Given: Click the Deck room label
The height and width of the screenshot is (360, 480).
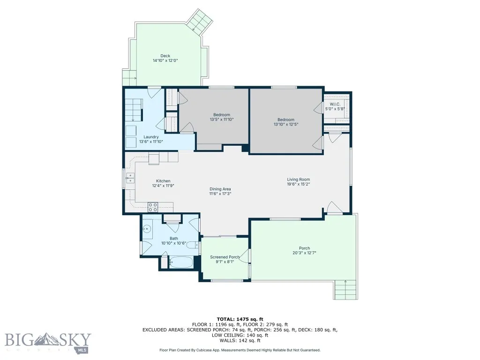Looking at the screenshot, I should (165, 56).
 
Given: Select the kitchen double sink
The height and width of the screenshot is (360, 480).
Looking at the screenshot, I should (130, 178).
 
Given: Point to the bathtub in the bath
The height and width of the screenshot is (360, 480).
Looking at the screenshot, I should (181, 262).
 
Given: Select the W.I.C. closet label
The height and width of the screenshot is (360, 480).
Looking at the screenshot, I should (335, 104).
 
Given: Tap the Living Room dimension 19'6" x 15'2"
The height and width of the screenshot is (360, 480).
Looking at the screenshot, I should (298, 184).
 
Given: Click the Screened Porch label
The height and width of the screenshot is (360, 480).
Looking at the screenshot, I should (225, 257).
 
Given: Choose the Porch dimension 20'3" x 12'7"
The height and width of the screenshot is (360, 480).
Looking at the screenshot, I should (304, 253).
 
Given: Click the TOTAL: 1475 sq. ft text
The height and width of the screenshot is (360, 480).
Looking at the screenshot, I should (240, 319).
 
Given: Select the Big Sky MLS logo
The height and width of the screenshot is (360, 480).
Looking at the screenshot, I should (48, 341).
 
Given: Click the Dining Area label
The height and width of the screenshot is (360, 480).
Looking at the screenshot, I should (220, 188).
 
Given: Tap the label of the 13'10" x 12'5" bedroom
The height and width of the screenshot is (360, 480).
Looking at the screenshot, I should (285, 120).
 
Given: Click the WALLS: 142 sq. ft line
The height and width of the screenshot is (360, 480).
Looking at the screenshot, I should (240, 340).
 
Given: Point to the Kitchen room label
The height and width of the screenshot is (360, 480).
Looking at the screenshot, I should (163, 181).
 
